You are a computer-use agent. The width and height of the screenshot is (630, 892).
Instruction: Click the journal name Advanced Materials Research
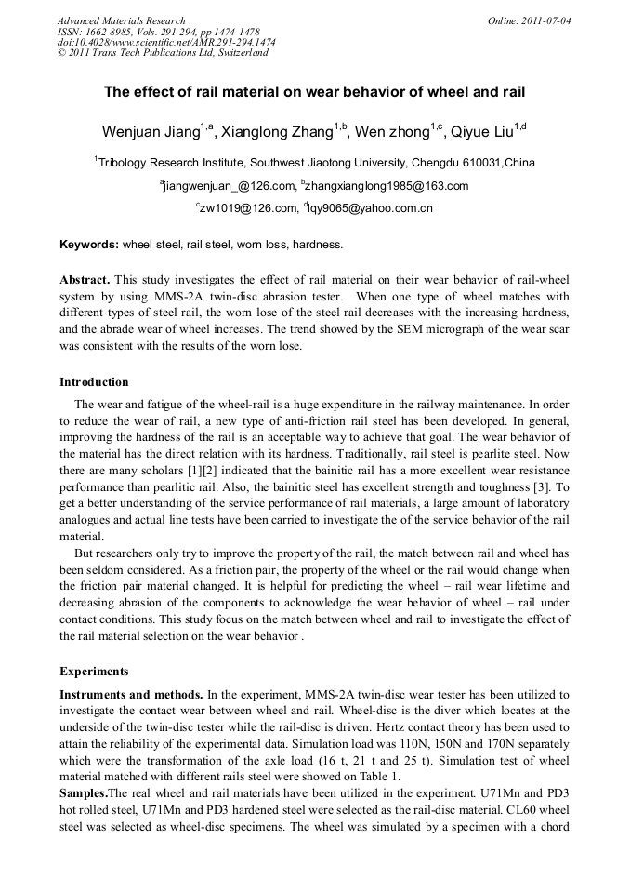click(x=121, y=20)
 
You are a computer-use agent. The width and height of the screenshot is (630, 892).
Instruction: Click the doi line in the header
click(x=165, y=43)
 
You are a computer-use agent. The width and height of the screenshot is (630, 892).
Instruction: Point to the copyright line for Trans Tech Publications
click(x=163, y=53)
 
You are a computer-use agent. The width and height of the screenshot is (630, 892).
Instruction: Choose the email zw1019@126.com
click(x=247, y=208)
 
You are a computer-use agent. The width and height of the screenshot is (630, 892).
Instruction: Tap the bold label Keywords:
click(x=89, y=246)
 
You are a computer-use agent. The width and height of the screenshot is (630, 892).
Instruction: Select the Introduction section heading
click(x=94, y=382)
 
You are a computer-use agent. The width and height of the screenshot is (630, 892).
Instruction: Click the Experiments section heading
click(x=94, y=671)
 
